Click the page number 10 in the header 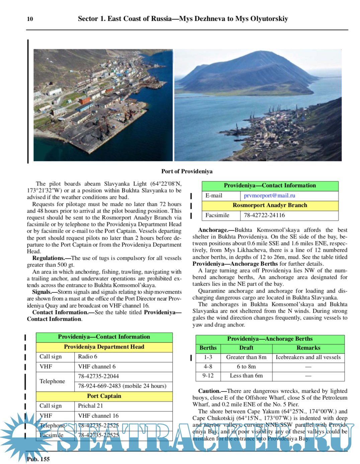pyautogui.click(x=30, y=19)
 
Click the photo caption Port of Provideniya pyautogui.click(x=187, y=171)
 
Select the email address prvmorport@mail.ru pyautogui.click(x=269, y=196)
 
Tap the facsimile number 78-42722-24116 pyautogui.click(x=264, y=215)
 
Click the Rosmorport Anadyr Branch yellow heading pyautogui.click(x=270, y=205)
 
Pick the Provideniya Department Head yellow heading pyautogui.click(x=104, y=347)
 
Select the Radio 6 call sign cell pyautogui.click(x=88, y=357)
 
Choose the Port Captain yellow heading pyautogui.click(x=104, y=396)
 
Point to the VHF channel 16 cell pyautogui.click(x=98, y=416)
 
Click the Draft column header pyautogui.click(x=246, y=348)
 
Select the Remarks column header pyautogui.click(x=308, y=348)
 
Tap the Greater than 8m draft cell pyautogui.click(x=246, y=357)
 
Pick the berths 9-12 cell pyautogui.click(x=208, y=376)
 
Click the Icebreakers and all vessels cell pyautogui.click(x=308, y=357)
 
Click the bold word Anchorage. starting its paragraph pyautogui.click(x=213, y=230)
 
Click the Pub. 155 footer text pyautogui.click(x=38, y=459)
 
